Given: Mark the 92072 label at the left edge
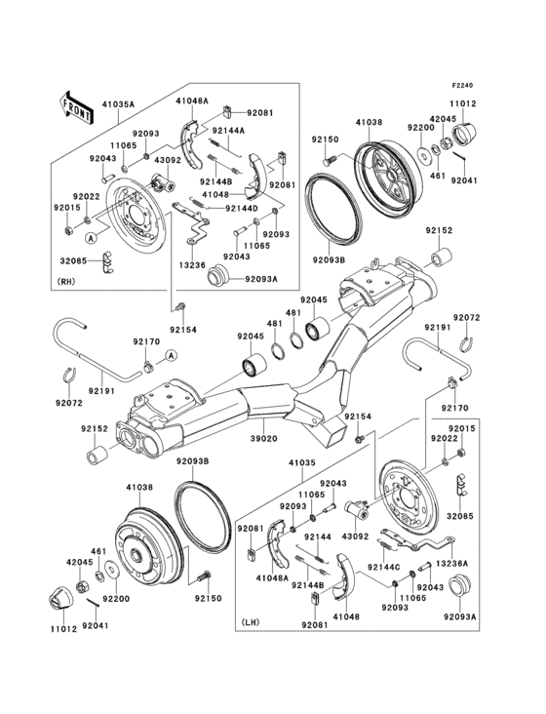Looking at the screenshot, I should point(69,402).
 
